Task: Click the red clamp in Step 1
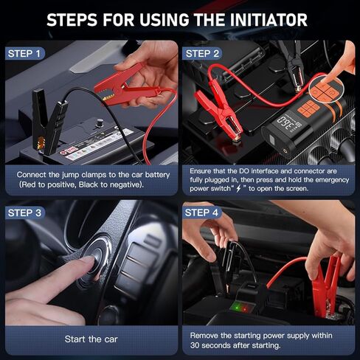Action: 122,85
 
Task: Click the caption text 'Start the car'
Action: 91,339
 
